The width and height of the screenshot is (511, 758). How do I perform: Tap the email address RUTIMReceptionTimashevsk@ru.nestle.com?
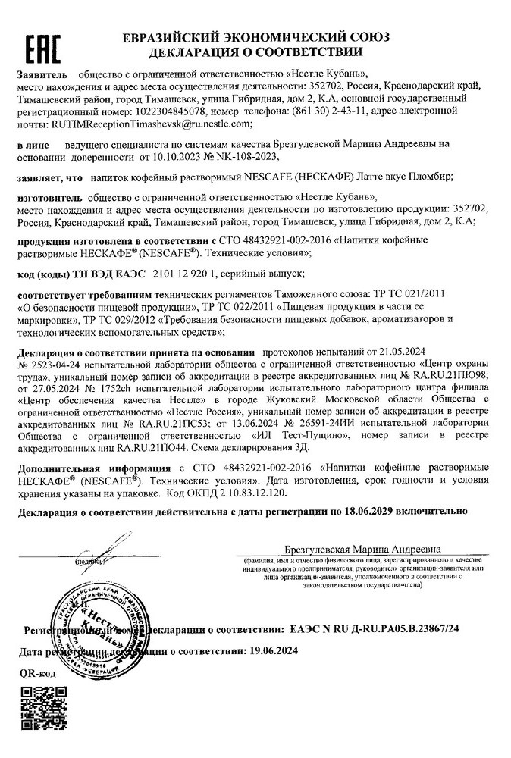pyautogui.click(x=150, y=123)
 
